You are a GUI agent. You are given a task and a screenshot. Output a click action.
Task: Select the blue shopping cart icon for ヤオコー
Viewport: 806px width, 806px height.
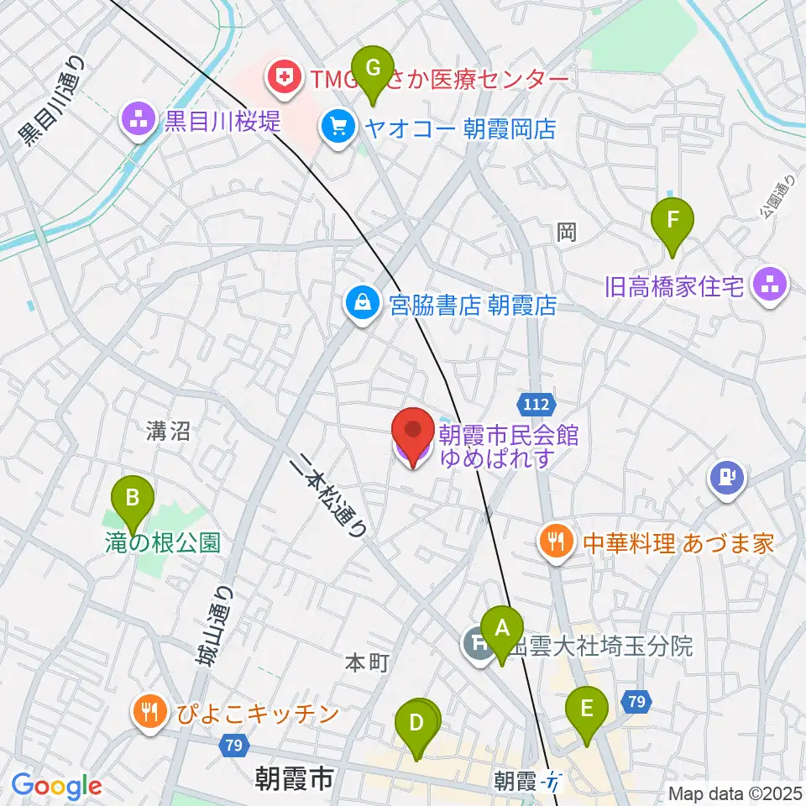pyautogui.click(x=338, y=129)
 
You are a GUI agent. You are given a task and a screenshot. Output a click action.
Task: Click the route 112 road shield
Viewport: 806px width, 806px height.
pyautogui.click(x=533, y=405)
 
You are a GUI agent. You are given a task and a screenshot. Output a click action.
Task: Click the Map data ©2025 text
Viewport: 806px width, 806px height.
pyautogui.click(x=735, y=793)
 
